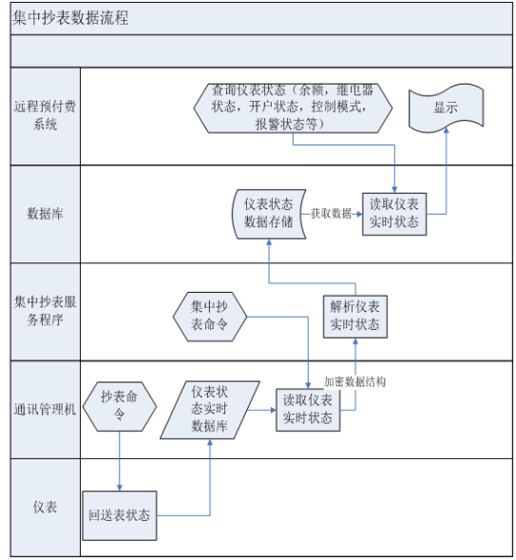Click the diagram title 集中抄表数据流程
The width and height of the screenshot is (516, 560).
tap(70, 17)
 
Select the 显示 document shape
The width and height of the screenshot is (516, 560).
tap(446, 107)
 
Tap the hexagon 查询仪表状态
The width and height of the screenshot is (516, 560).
tap(293, 108)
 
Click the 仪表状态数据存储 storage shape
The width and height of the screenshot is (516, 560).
tap(269, 214)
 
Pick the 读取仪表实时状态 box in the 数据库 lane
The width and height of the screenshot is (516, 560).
tap(394, 214)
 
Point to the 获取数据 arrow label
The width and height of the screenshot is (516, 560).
tap(331, 214)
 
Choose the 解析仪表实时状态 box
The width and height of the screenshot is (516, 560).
tap(355, 317)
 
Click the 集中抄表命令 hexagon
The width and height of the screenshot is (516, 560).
tap(210, 317)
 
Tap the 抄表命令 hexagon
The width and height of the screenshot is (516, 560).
tap(120, 406)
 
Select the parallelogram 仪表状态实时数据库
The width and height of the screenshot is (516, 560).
tap(210, 410)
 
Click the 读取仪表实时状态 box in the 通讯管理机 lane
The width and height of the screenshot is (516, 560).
tap(308, 410)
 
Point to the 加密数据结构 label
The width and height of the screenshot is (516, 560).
tap(354, 382)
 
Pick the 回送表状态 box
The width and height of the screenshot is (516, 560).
tap(120, 515)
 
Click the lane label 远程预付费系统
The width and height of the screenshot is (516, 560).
tap(45, 115)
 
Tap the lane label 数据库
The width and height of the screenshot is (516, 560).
tap(45, 214)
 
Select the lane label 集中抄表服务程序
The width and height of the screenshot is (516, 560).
tap(45, 311)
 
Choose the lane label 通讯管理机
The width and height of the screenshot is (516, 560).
tap(45, 409)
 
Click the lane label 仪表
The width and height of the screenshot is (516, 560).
tap(45, 507)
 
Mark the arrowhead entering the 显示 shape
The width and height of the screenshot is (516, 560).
tap(446, 130)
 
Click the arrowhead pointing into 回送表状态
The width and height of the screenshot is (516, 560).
tap(120, 488)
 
